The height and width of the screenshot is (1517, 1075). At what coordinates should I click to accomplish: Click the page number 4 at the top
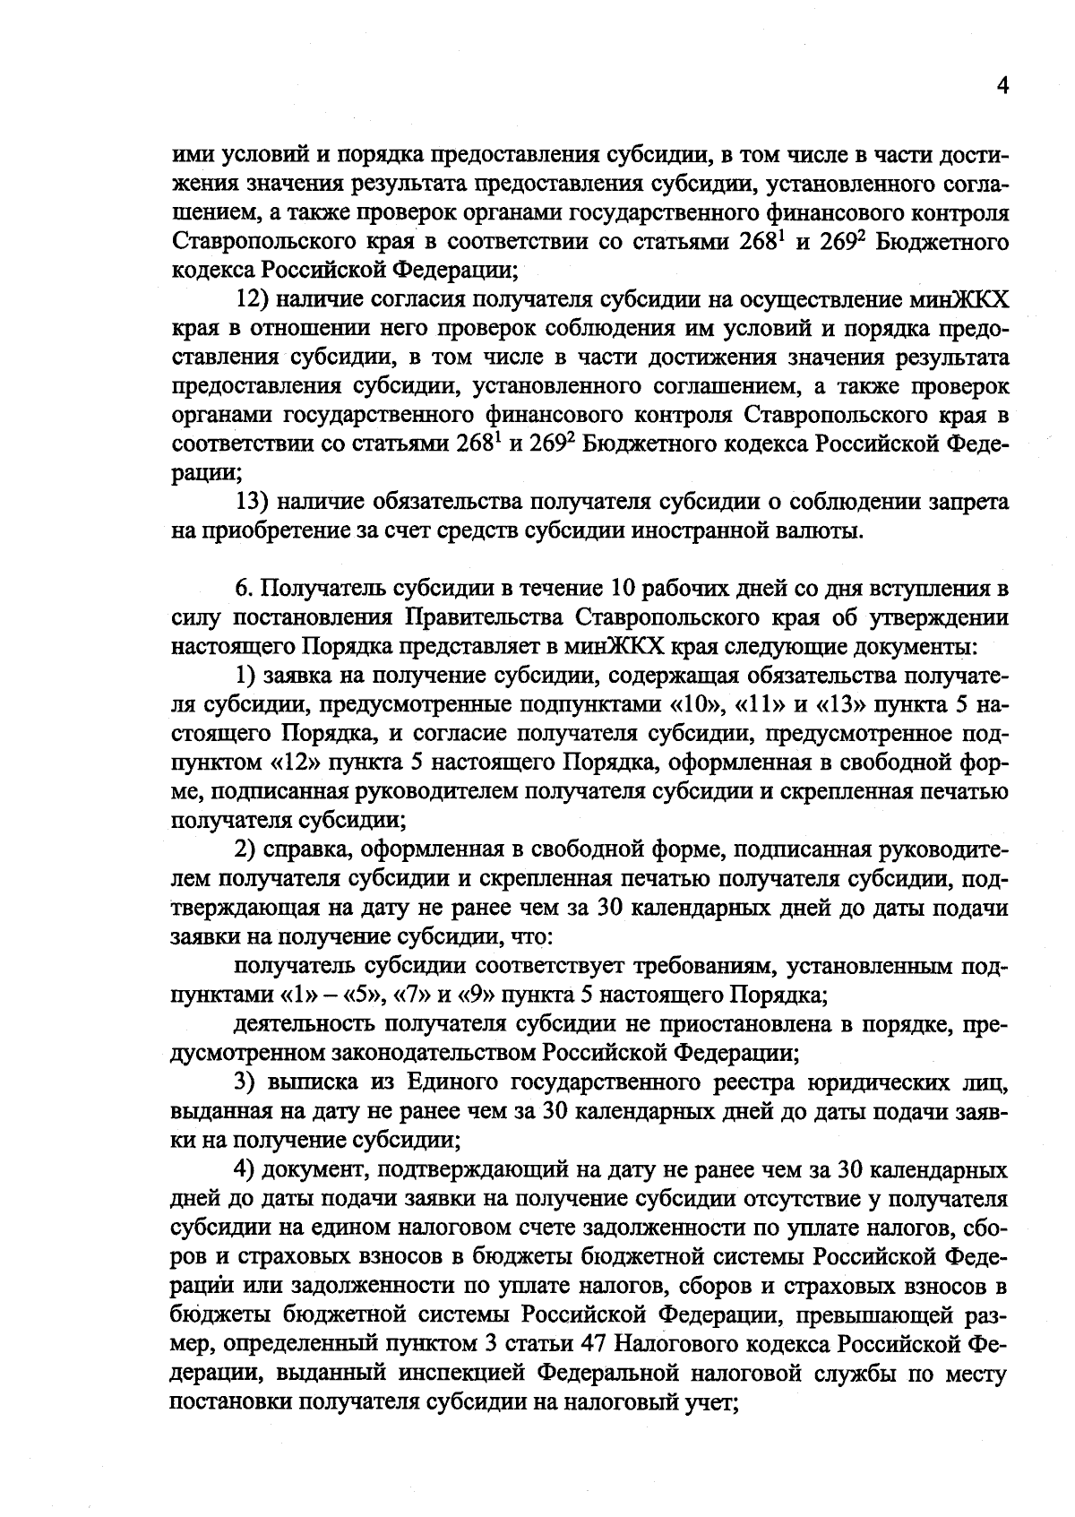pyautogui.click(x=1002, y=86)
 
